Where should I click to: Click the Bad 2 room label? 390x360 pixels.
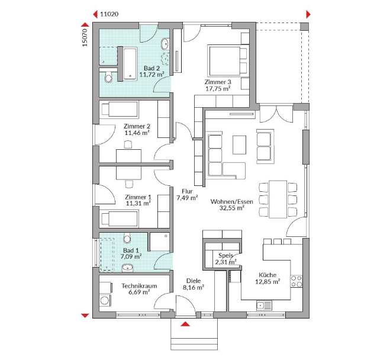(152, 68)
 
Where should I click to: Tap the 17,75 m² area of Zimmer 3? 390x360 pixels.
(218, 89)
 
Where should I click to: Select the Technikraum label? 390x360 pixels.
(139, 286)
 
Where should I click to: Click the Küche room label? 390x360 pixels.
(267, 275)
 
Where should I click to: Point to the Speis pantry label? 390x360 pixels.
(225, 255)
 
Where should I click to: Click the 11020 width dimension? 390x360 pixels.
(109, 14)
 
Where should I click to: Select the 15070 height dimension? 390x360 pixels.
(85, 37)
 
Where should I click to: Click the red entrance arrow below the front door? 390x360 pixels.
(185, 324)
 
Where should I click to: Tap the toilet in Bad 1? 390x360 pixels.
(127, 238)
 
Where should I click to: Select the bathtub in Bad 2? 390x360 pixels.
(130, 64)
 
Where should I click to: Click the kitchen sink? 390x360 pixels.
(264, 306)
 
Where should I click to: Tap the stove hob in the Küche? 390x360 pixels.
(296, 281)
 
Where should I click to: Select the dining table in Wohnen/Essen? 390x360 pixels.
(278, 200)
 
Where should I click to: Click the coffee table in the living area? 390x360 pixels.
(239, 145)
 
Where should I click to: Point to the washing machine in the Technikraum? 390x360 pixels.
(105, 300)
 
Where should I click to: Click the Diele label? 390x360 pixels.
(194, 281)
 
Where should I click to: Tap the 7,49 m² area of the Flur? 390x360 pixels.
(187, 198)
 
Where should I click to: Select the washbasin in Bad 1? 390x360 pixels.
(127, 268)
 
